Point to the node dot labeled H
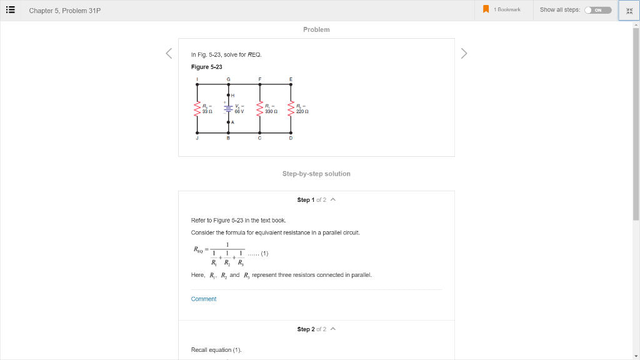[228, 94]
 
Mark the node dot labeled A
[228, 122]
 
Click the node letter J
[197, 138]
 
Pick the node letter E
[291, 79]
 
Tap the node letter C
[259, 138]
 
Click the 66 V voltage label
[239, 111]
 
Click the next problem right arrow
[464, 54]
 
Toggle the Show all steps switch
[597, 10]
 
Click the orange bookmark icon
[486, 9]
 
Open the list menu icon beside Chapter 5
[11, 10]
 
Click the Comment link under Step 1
[204, 299]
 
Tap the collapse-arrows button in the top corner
[629, 11]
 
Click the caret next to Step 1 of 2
[333, 200]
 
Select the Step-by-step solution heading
[316, 174]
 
